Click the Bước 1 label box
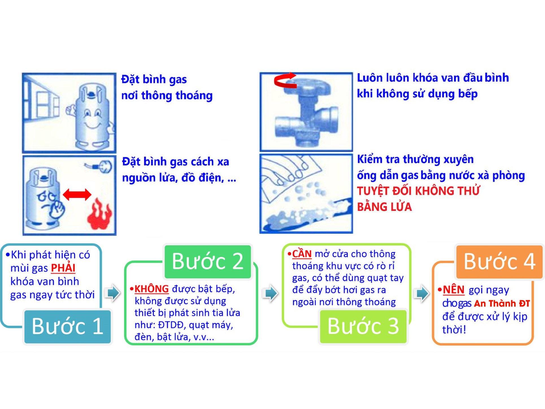pos(67,326)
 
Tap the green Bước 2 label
pos(208,261)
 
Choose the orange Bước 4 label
pos(499,262)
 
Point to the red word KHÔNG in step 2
pos(151,289)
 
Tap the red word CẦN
pos(302,254)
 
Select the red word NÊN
pos(453,290)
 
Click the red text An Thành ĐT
pos(501,304)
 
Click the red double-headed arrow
pos(77,194)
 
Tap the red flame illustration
pos(99,214)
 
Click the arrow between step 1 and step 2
pos(113,293)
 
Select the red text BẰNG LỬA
pos(384,207)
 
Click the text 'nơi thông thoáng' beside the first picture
pos(167,96)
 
